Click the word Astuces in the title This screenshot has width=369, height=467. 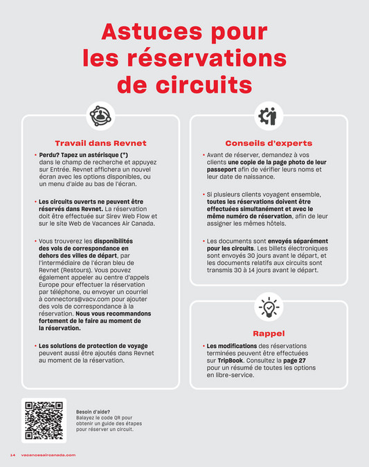pyautogui.click(x=145, y=32)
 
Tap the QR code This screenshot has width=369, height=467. pyautogui.click(x=44, y=421)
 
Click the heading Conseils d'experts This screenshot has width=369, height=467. pyautogui.click(x=269, y=143)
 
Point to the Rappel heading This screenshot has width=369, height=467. pyautogui.click(x=269, y=333)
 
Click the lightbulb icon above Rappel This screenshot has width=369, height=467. pyautogui.click(x=269, y=306)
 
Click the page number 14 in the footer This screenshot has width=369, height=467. pyautogui.click(x=12, y=455)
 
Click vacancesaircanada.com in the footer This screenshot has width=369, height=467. pyautogui.click(x=48, y=455)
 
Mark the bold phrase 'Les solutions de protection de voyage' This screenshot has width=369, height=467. pyautogui.click(x=93, y=345)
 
